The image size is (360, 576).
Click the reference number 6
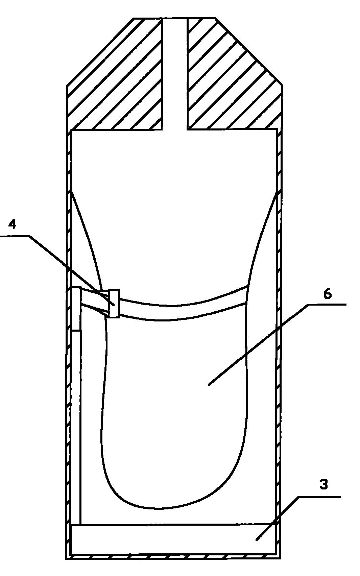click(327, 294)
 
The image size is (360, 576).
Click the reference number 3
click(324, 484)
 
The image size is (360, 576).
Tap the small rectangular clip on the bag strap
click(114, 304)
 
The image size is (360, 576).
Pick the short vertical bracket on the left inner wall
click(76, 309)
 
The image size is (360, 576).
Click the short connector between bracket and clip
click(95, 301)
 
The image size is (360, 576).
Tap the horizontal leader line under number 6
click(327, 304)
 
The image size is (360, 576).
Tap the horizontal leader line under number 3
click(319, 497)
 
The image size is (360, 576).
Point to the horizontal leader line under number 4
click(15, 236)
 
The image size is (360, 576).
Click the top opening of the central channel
click(175, 19)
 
